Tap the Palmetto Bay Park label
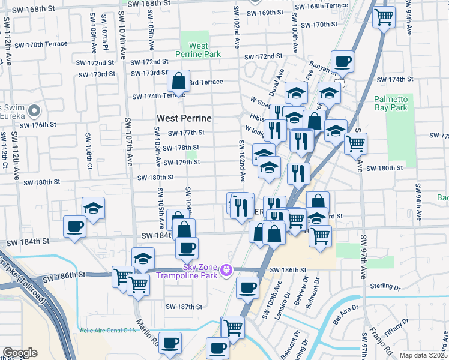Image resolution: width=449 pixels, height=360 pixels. pyautogui.click(x=390, y=103)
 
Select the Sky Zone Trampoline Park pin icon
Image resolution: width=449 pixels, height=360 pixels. pyautogui.click(x=226, y=271)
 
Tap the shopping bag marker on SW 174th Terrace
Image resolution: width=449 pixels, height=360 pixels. pyautogui.click(x=179, y=80)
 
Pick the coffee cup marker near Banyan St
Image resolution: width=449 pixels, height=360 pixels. pyautogui.click(x=342, y=61)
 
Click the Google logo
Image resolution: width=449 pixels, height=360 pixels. pyautogui.click(x=19, y=353)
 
